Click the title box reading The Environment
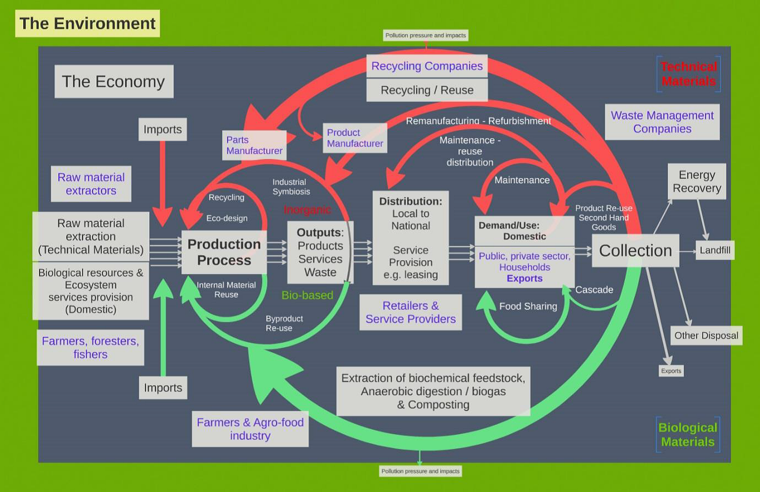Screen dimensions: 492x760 87,24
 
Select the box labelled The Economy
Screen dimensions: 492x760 113,81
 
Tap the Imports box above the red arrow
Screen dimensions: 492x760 162,129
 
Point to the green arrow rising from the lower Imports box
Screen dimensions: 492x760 163,330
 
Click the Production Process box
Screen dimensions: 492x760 224,252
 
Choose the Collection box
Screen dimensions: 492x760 635,250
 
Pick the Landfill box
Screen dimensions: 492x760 715,250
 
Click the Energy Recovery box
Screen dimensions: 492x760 697,182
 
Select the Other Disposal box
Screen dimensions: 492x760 706,336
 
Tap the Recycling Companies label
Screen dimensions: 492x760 427,66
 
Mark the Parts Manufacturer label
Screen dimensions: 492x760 254,145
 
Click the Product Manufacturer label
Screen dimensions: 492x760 355,138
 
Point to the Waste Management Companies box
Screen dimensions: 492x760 662,122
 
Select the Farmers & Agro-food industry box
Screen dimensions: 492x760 250,429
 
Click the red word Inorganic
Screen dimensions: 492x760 307,210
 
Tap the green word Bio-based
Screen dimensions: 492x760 307,296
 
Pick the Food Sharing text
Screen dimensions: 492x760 528,307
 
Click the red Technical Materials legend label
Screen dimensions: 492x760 688,74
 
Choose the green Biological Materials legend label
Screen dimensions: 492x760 688,435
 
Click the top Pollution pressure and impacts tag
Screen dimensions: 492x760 426,35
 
